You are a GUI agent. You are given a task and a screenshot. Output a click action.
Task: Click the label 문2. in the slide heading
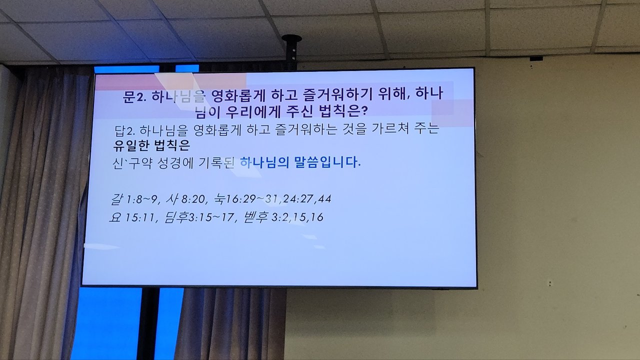point(134,97)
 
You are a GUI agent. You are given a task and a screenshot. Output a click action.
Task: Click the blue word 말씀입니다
point(327,162)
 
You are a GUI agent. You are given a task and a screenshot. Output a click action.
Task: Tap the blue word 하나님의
point(264,162)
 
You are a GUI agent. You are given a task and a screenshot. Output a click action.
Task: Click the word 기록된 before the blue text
point(217,163)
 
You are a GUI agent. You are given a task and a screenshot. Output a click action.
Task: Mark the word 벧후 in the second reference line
point(255,217)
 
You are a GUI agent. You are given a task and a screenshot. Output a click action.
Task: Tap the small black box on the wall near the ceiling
point(536,58)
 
